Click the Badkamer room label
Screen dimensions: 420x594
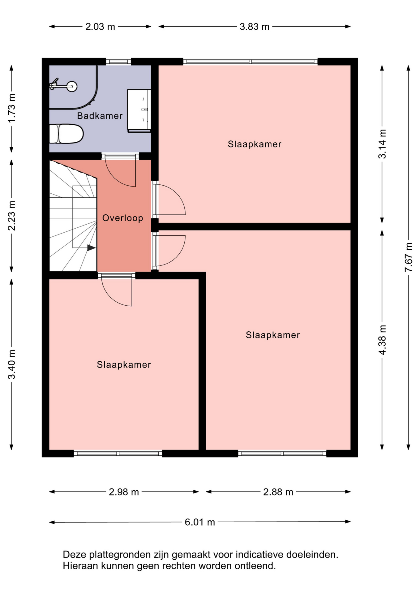(x=100, y=116)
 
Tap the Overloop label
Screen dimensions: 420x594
(x=123, y=218)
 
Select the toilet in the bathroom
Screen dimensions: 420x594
(x=66, y=134)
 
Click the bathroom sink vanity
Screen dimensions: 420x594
(x=139, y=111)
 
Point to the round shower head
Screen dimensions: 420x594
(x=72, y=87)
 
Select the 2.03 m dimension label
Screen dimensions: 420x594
(x=100, y=27)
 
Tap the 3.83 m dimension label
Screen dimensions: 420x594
(x=255, y=27)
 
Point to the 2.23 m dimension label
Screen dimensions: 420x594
(x=11, y=216)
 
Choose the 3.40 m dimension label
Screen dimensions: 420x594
(x=11, y=364)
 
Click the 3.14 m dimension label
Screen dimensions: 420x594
(x=382, y=144)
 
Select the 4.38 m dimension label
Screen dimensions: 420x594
(x=382, y=340)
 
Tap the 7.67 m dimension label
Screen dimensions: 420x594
(x=409, y=257)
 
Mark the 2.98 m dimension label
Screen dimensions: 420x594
(x=124, y=492)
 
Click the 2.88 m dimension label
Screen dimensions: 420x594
(x=278, y=492)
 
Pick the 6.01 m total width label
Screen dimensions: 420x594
(x=200, y=522)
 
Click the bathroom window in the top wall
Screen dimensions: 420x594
(x=118, y=62)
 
